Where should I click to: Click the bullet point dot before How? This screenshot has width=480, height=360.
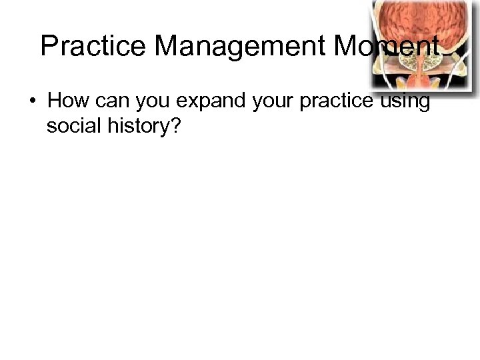(31, 102)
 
